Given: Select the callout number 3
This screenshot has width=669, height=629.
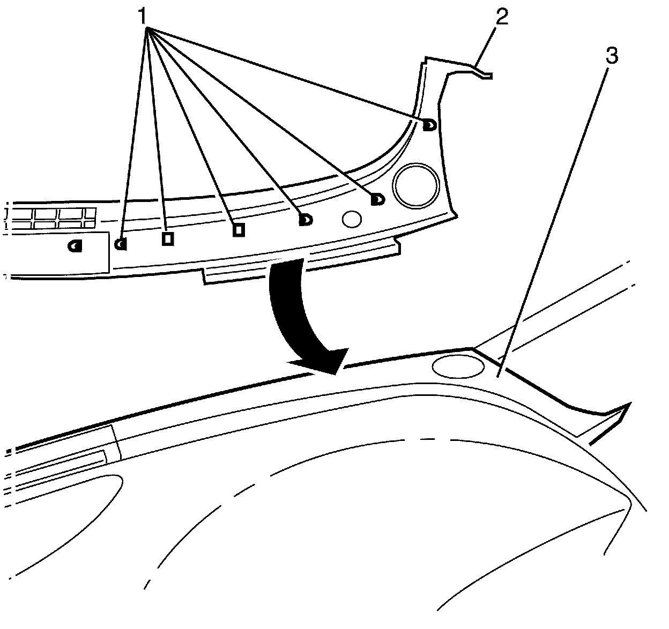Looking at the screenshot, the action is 611,55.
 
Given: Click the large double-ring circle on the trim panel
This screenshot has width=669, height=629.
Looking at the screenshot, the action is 417,185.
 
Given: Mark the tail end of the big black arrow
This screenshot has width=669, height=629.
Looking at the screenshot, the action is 287,266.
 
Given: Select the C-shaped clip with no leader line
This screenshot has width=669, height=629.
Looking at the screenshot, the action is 75,246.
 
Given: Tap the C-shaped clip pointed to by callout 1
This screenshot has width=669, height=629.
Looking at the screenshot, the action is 121,244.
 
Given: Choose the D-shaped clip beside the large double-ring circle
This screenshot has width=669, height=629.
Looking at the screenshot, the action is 377,200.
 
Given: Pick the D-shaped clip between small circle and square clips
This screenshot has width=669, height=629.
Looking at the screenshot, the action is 305,219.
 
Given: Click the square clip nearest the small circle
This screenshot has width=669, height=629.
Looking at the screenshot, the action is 239,229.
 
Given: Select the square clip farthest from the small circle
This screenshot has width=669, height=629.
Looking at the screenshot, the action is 167,238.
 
